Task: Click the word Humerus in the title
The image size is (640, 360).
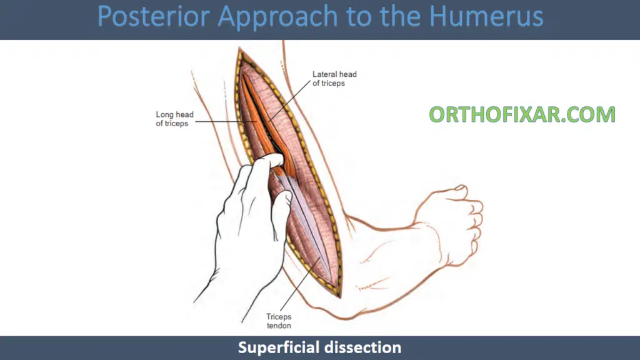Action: tap(486, 16)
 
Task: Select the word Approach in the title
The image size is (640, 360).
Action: tap(278, 17)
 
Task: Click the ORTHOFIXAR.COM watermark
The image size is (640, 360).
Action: tap(522, 114)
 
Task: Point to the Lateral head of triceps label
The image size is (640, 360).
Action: tap(334, 79)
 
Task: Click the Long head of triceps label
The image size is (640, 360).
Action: tap(175, 119)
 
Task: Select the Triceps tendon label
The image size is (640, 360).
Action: tap(279, 321)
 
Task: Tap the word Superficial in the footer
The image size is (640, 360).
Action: tap(279, 347)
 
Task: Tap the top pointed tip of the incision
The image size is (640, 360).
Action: tap(239, 48)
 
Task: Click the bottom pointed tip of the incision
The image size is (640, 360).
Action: tap(339, 297)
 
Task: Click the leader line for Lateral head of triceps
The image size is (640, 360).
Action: tap(290, 101)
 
